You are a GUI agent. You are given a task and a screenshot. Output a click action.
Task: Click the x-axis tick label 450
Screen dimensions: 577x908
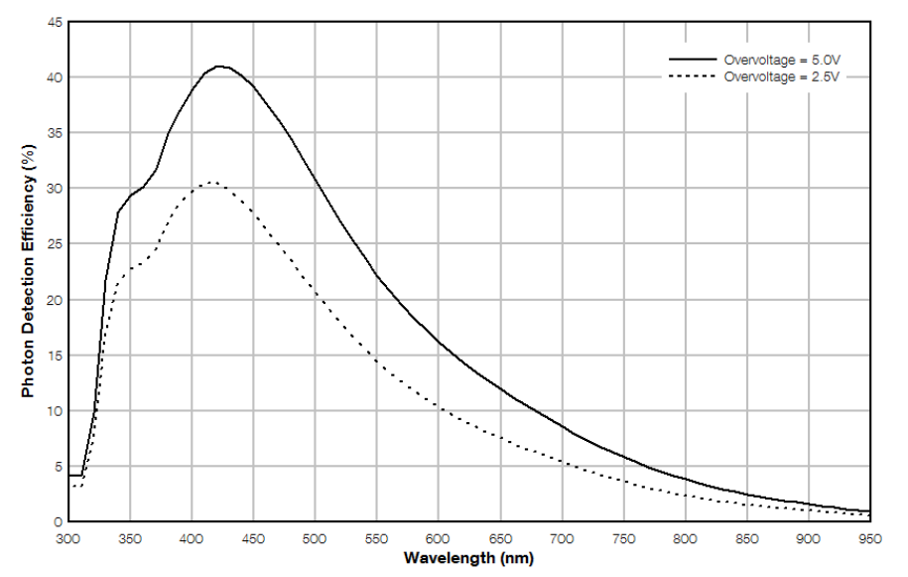[253, 539]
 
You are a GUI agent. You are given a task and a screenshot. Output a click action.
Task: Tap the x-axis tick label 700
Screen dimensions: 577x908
[563, 539]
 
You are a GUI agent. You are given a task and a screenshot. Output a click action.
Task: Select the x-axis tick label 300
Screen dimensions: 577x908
[67, 539]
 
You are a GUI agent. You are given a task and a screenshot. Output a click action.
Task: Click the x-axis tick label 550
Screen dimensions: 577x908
[377, 539]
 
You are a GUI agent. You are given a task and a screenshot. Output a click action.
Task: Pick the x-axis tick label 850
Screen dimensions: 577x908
[747, 539]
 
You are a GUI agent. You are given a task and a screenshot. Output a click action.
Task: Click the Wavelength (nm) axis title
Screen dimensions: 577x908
[468, 558]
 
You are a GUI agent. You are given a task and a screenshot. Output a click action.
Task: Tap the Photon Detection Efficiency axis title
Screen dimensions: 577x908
[29, 271]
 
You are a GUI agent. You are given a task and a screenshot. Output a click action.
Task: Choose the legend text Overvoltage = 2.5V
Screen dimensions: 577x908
[785, 75]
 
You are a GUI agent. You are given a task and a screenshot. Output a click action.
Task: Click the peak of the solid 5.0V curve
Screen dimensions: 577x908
[221, 67]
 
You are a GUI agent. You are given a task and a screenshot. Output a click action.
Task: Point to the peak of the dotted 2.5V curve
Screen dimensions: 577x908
[211, 183]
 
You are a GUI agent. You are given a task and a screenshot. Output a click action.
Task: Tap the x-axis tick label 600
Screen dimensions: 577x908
[439, 539]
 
